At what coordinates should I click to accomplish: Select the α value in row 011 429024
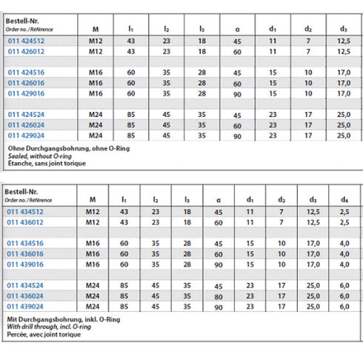pyautogui.click(x=238, y=136)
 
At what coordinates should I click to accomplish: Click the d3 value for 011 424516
pyautogui.click(x=342, y=73)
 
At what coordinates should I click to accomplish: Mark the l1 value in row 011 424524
pyautogui.click(x=130, y=115)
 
